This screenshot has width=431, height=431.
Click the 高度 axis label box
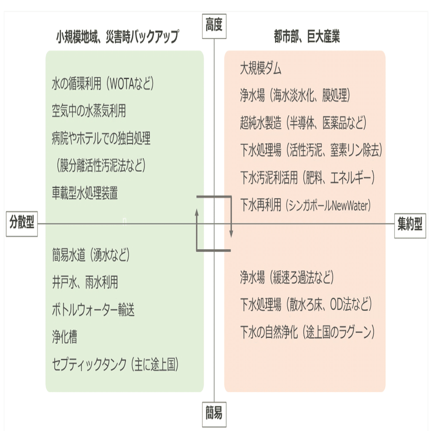[214, 26]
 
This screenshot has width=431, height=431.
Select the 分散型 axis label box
[22, 224]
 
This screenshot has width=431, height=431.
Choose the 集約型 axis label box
[410, 226]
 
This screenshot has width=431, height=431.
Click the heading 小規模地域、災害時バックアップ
[118, 37]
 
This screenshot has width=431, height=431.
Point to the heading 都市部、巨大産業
[307, 36]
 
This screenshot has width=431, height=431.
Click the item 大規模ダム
[261, 68]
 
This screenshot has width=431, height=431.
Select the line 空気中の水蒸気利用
[89, 111]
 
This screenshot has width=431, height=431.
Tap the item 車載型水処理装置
[85, 193]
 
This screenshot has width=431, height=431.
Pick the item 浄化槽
[65, 337]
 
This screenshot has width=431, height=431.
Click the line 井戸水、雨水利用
[85, 282]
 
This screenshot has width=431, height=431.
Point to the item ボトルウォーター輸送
[93, 310]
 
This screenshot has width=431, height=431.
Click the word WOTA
[122, 84]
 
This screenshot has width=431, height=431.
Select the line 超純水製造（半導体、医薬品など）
[303, 123]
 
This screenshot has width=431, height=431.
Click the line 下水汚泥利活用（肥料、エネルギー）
[307, 178]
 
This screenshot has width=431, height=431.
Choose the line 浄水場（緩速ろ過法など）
[287, 277]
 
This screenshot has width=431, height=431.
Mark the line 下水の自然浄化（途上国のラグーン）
[307, 332]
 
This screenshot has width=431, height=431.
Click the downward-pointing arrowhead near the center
[232, 233]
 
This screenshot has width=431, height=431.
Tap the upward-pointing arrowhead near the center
[197, 213]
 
